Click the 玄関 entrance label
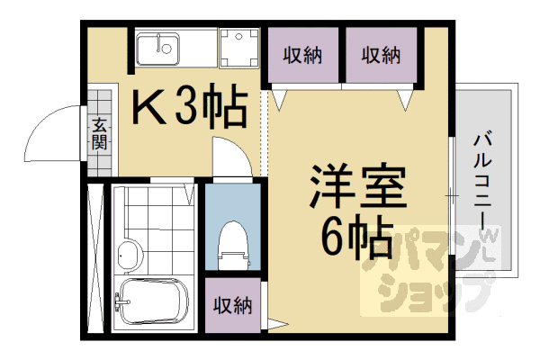[98, 133]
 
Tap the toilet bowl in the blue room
[232, 243]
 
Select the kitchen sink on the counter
[162, 47]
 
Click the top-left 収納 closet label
[302, 56]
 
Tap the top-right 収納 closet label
[381, 56]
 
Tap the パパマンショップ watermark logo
[423, 270]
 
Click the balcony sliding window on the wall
[450, 193]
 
